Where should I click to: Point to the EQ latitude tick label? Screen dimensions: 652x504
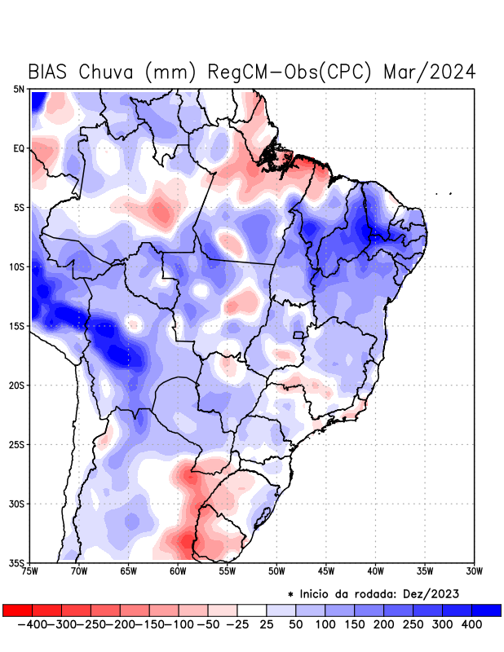19,148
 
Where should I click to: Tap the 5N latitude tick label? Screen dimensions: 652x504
19,89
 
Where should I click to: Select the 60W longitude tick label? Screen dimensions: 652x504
178,571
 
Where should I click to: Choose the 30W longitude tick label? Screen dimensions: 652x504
473,571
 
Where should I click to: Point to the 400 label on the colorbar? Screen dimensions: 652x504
471,624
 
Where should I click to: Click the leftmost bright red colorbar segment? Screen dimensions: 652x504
17,610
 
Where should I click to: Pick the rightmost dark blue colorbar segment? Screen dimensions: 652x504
487,610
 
